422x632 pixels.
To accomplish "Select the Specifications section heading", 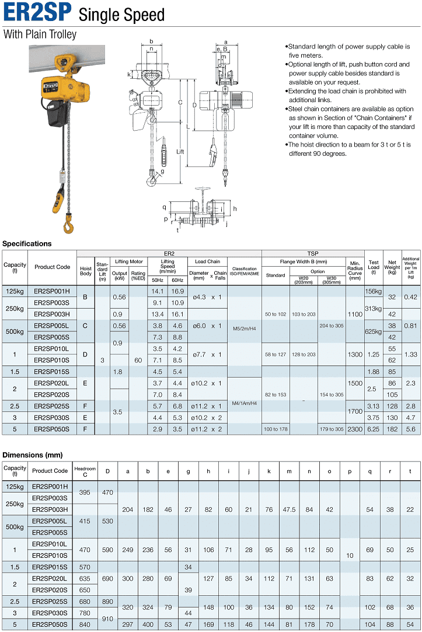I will [x=27, y=244].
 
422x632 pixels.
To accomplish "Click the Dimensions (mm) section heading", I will [x=33, y=455].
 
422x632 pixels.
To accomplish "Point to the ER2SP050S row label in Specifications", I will [x=51, y=429].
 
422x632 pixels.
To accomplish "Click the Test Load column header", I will [x=374, y=267].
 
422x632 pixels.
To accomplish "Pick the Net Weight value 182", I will [x=392, y=429].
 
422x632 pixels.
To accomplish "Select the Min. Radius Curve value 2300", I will [x=355, y=429].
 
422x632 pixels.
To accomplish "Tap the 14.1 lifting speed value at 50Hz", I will [x=158, y=291].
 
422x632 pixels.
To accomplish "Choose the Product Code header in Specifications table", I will [x=52, y=267].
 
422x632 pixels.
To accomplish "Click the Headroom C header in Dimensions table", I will [x=85, y=470].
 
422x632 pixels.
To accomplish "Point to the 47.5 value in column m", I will [x=289, y=509].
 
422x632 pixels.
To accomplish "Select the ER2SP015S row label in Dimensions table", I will [x=50, y=567].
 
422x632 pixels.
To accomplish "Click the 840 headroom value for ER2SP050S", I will [x=85, y=624].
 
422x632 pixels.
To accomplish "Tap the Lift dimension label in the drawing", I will [x=180, y=151].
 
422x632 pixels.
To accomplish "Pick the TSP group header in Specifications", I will [x=313, y=253].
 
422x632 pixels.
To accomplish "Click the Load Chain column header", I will [x=207, y=262].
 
